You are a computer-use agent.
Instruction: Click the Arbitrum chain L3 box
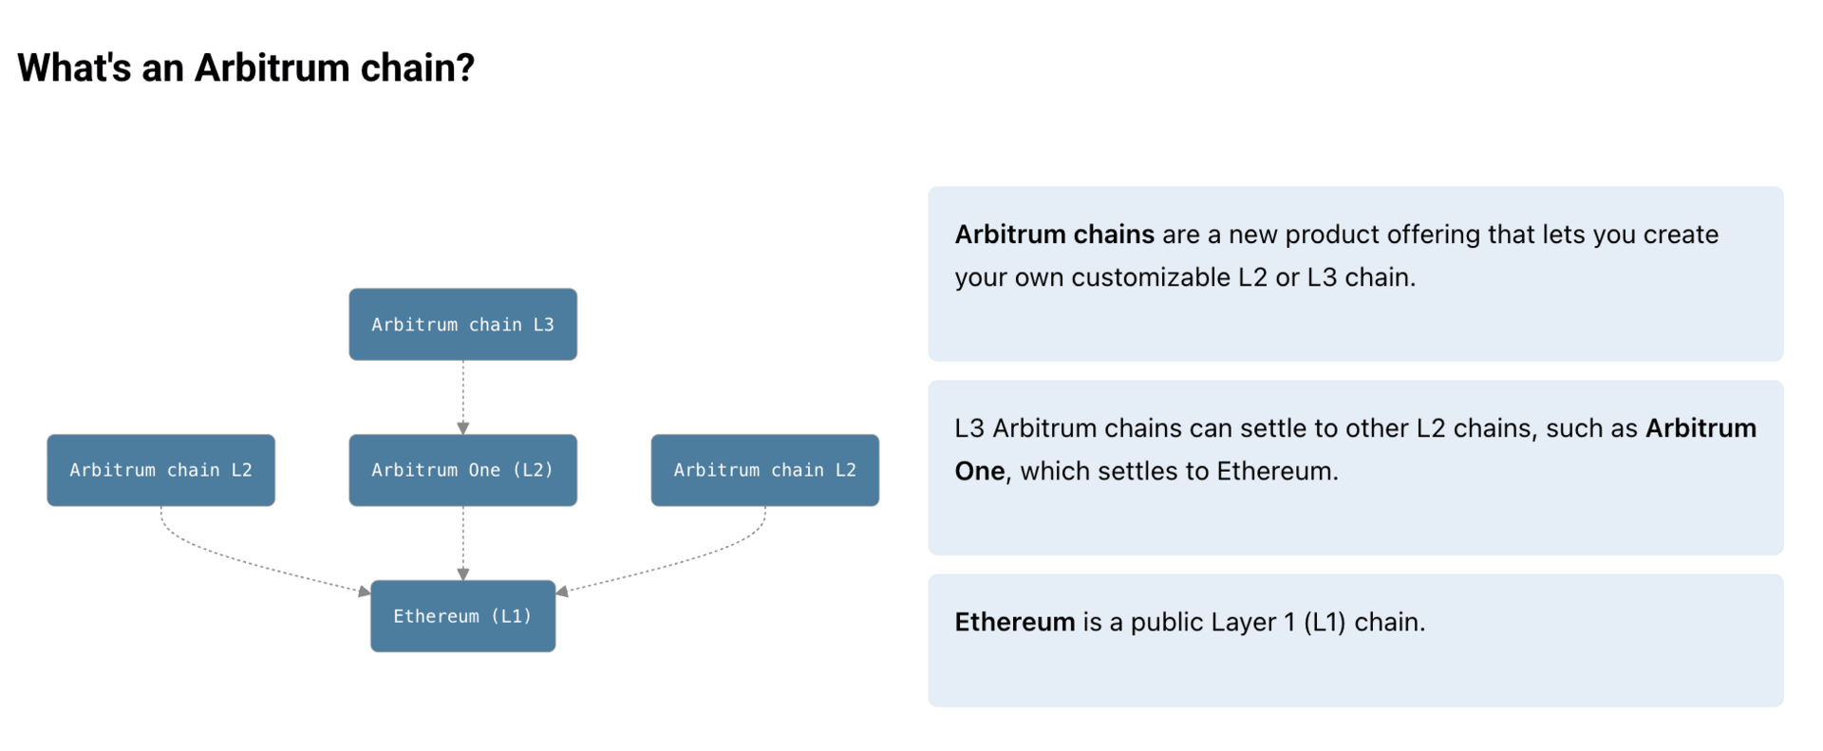tap(462, 324)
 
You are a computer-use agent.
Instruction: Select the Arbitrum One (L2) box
tap(462, 470)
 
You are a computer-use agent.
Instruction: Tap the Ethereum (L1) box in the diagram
tap(462, 616)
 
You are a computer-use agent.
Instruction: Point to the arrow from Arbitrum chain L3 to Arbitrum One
tap(462, 397)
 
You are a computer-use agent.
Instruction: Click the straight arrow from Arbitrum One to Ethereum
tap(462, 543)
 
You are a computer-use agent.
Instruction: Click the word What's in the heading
tap(74, 67)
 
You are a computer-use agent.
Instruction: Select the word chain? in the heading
tap(418, 67)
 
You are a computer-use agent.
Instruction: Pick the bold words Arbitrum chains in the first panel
tap(1054, 235)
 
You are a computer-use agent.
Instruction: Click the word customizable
tap(1151, 277)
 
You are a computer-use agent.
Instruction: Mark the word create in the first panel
tap(1681, 235)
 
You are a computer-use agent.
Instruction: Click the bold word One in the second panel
tap(980, 471)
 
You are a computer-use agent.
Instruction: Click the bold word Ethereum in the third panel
tap(1015, 622)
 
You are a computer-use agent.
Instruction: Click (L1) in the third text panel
tap(1325, 623)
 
